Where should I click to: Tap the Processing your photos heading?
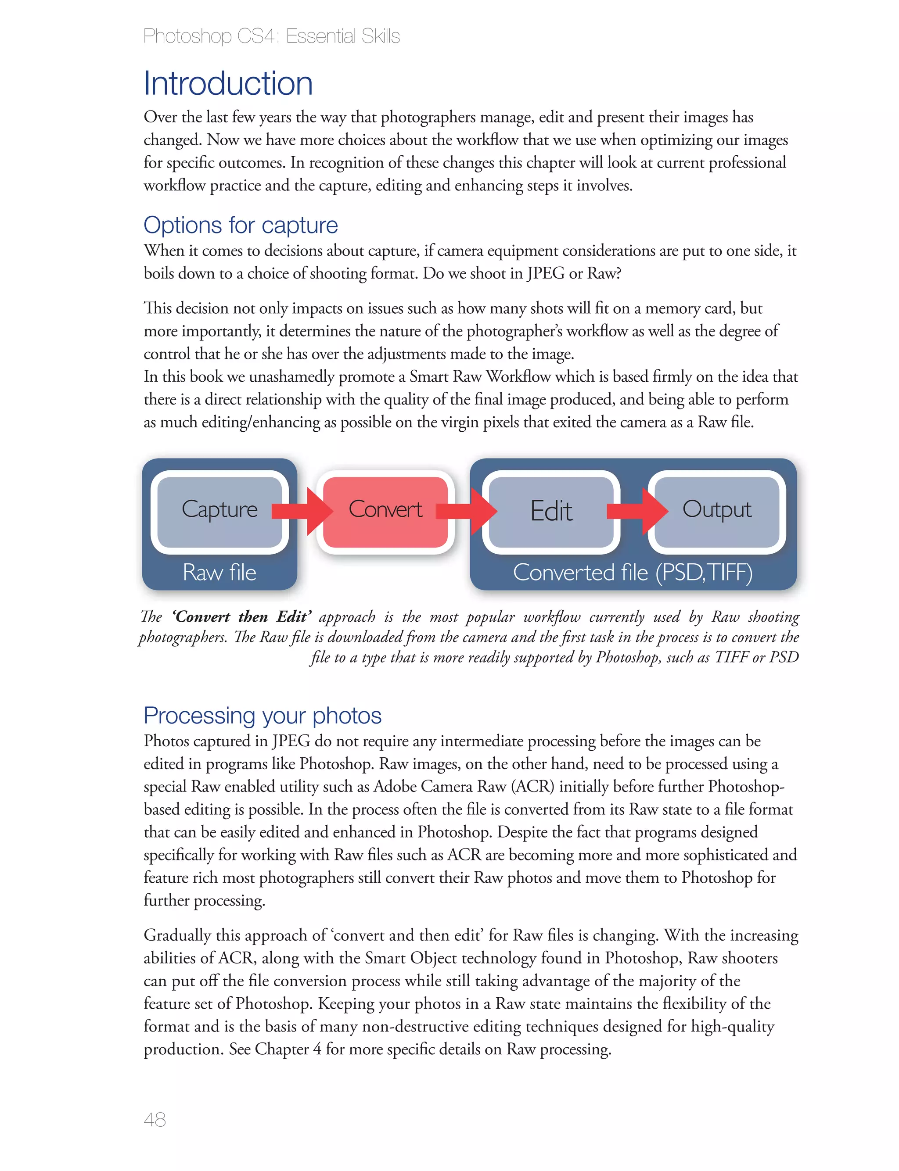coord(262,716)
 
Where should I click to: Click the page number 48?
coord(155,1119)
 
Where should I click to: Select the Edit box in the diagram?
coord(551,511)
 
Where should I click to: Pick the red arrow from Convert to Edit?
coord(466,511)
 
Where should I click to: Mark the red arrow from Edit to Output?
coord(637,511)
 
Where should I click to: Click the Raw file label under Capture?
coord(219,572)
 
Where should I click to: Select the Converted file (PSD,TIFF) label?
coord(633,572)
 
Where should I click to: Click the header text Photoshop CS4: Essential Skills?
coord(271,36)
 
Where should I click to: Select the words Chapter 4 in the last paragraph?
coord(288,1049)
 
